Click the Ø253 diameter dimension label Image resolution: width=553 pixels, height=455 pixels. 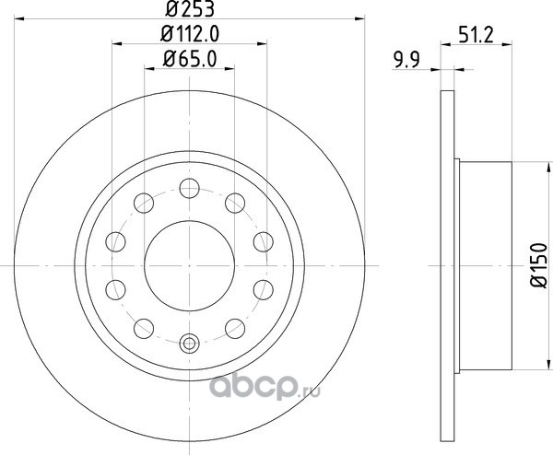(x=190, y=9)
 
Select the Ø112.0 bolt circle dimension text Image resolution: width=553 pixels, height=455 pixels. (x=190, y=34)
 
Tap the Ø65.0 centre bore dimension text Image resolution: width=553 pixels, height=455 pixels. (x=190, y=59)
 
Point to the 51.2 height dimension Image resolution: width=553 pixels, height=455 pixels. (x=477, y=35)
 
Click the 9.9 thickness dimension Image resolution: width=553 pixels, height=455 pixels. (x=407, y=60)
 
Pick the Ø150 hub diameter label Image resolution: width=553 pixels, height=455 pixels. (x=539, y=265)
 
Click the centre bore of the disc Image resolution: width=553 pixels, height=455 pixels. (x=189, y=266)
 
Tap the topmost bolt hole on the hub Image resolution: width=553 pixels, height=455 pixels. (x=189, y=188)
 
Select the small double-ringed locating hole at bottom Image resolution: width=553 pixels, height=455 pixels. (x=189, y=343)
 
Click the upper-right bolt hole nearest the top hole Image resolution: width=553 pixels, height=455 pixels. (x=235, y=203)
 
